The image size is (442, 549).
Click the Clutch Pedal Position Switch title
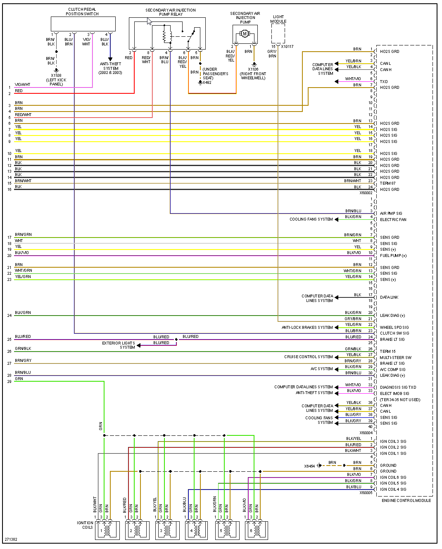(x=82, y=12)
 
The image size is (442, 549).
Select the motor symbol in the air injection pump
(x=245, y=33)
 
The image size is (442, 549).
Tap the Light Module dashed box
(x=278, y=33)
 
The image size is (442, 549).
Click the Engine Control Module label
(x=406, y=500)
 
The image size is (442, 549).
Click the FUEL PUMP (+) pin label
(x=393, y=256)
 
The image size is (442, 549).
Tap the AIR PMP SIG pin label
(x=391, y=214)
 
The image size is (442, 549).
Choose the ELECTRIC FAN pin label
(x=393, y=220)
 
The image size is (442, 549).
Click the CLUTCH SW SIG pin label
(x=394, y=333)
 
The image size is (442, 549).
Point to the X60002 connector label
(x=366, y=193)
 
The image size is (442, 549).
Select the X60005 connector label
(x=366, y=492)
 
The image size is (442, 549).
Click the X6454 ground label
(x=309, y=466)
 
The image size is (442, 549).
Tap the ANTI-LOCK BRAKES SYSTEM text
(x=307, y=328)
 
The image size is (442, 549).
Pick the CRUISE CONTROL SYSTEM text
(x=308, y=357)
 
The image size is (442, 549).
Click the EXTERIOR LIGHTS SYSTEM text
(x=119, y=345)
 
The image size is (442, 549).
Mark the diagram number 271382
(x=11, y=539)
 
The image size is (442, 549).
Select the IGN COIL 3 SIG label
(x=393, y=442)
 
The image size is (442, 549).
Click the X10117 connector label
(x=287, y=47)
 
